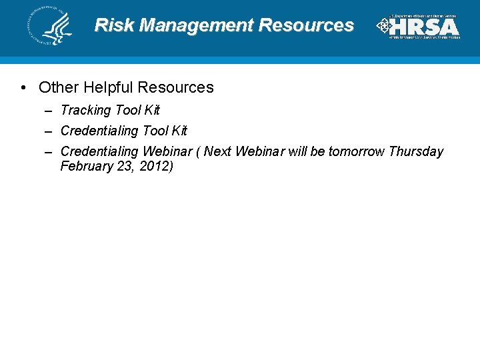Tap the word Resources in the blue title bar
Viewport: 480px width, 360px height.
coord(306,26)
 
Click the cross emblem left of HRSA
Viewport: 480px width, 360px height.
coord(383,26)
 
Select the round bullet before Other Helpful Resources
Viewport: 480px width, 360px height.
coord(23,87)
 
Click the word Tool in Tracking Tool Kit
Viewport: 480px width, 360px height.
coord(128,110)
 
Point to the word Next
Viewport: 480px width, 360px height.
coord(217,151)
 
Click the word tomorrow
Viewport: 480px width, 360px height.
coord(356,151)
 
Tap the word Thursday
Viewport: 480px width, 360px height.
coord(416,151)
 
